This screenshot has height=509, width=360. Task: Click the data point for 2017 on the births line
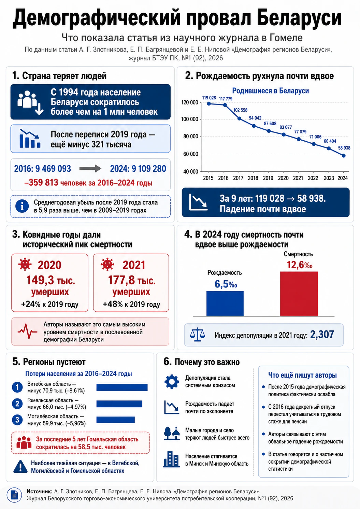(x=240, y=118)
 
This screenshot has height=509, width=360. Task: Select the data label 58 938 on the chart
(x=344, y=148)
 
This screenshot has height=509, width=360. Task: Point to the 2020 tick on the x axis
(x=283, y=178)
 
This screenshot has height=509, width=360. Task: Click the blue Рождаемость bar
(x=225, y=303)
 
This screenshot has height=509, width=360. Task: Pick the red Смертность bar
(x=299, y=294)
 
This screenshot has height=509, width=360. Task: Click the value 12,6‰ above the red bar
(x=300, y=265)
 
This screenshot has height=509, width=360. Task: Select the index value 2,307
(x=322, y=335)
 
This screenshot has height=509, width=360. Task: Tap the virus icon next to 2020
(x=25, y=265)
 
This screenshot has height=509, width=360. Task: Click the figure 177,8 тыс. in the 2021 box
(x=132, y=280)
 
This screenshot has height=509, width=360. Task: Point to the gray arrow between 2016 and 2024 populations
(x=90, y=169)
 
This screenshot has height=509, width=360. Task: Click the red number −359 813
(x=41, y=182)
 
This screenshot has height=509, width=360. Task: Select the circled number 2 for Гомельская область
(x=17, y=404)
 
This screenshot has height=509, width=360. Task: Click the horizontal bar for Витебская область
(x=122, y=387)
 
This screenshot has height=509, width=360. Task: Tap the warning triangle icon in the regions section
(x=20, y=467)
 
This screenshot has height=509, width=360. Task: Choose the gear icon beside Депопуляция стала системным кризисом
(x=172, y=382)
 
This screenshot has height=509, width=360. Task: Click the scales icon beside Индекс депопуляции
(x=197, y=335)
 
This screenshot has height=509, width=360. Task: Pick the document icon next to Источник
(x=14, y=495)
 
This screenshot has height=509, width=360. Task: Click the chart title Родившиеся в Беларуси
(x=270, y=91)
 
